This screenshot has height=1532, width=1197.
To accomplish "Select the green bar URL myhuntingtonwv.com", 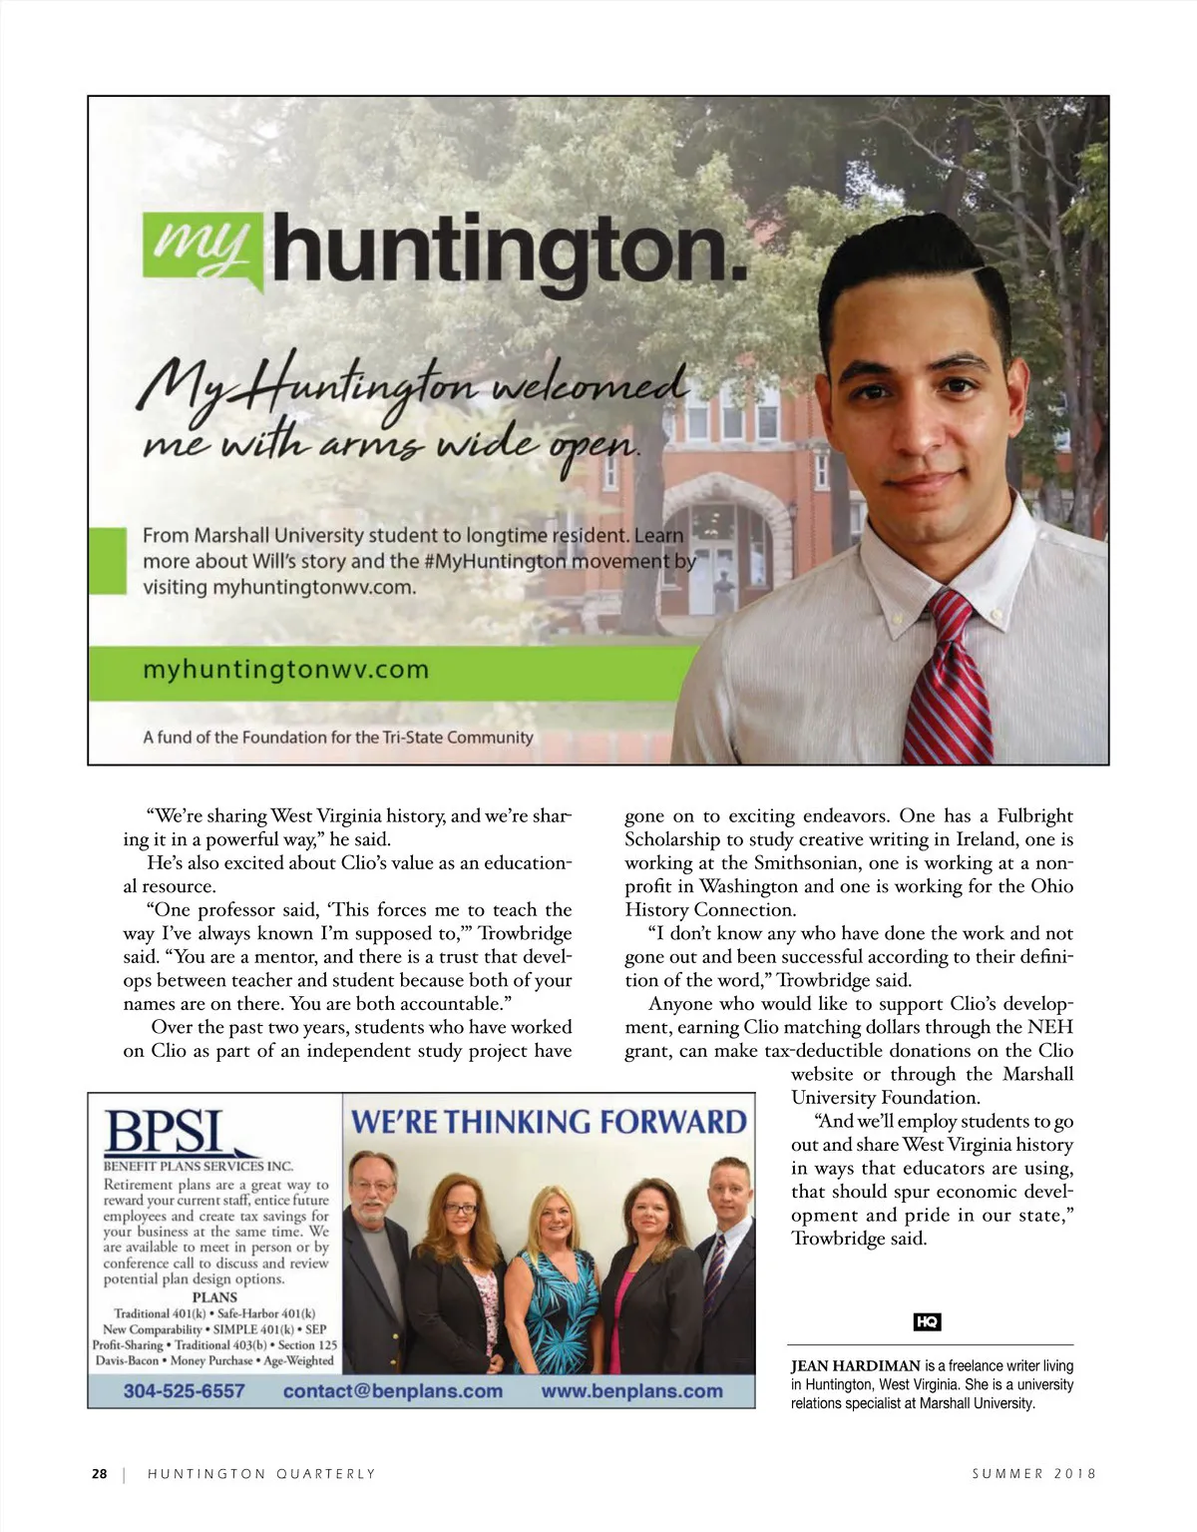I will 285,669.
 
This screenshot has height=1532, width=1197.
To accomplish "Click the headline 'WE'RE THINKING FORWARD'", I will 549,1121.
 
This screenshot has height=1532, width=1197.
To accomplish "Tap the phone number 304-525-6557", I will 184,1390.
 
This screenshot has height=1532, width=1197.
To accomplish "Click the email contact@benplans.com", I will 392,1390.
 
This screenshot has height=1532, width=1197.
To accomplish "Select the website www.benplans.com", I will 631,1390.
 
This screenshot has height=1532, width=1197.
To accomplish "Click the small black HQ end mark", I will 928,1321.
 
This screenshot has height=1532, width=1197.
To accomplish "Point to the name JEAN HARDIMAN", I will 855,1365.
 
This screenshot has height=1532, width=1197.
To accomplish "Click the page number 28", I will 99,1473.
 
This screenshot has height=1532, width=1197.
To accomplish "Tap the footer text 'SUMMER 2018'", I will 1034,1473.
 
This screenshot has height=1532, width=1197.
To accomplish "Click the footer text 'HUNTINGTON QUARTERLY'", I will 261,1473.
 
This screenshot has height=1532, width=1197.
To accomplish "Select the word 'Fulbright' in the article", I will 1035,815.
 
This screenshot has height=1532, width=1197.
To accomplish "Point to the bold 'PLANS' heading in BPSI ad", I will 214,1297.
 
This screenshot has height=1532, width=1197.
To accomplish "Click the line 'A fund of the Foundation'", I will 337,738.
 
